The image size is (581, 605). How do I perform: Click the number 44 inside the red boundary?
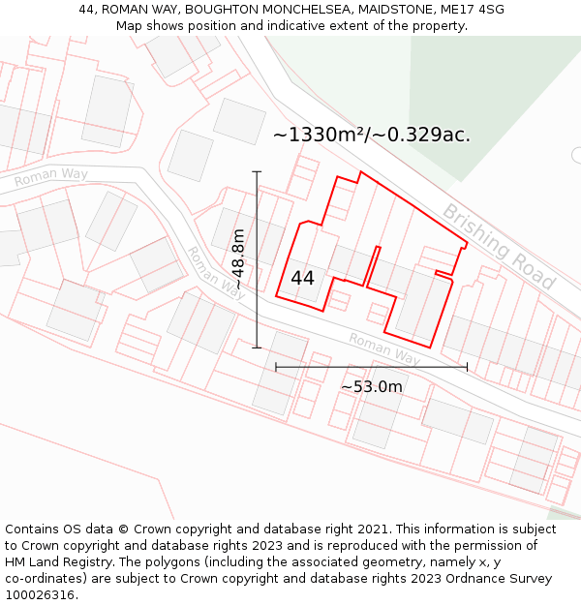pos(302,278)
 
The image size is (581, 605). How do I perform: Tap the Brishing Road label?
pos(499,247)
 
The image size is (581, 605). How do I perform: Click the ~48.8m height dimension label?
pos(238,258)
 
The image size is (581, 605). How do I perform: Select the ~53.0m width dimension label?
pos(371,387)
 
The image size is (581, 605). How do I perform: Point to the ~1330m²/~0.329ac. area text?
pos(372,135)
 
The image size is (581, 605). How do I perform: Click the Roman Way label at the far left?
pos(50,176)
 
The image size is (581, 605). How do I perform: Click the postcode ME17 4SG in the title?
pos(472,10)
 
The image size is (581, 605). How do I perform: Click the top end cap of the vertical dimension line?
pos(257,172)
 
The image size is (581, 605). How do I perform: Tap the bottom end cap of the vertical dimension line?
pos(257,348)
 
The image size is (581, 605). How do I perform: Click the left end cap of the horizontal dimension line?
pos(276,367)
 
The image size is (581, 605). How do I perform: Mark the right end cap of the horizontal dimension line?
pos(467,367)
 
